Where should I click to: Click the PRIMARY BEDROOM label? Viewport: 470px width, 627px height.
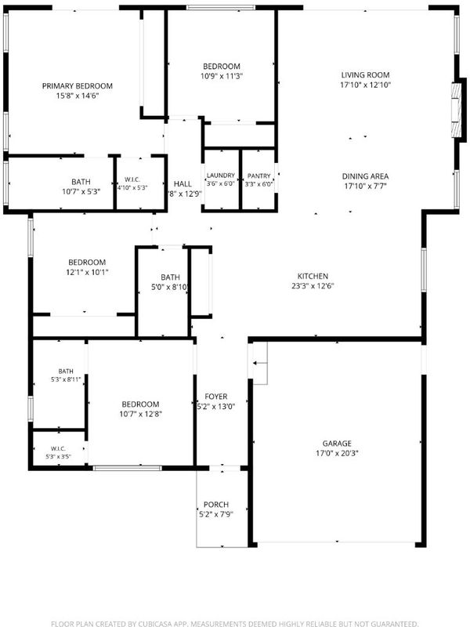click(x=77, y=86)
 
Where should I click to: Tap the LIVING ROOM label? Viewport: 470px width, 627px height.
click(x=365, y=74)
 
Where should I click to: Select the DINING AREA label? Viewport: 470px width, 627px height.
click(x=365, y=176)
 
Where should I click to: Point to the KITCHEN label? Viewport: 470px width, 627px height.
click(x=313, y=277)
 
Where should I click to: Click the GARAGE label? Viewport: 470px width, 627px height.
click(x=337, y=444)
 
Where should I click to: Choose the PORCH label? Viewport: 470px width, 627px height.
click(x=216, y=505)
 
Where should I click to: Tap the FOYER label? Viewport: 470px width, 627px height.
click(x=216, y=397)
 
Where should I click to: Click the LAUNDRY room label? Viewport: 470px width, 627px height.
click(x=221, y=176)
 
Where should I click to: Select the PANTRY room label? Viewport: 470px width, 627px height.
click(x=259, y=176)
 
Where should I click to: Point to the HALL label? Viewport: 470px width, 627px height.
click(x=183, y=184)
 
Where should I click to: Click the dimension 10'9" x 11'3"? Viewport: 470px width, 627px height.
click(x=222, y=76)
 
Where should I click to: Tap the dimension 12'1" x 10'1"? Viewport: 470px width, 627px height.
click(x=87, y=272)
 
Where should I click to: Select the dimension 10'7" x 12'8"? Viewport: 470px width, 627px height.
click(x=140, y=414)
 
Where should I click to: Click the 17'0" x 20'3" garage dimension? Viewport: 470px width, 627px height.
click(x=337, y=454)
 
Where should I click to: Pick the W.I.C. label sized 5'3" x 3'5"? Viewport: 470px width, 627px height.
click(x=58, y=448)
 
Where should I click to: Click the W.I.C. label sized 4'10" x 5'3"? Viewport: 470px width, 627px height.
click(x=132, y=179)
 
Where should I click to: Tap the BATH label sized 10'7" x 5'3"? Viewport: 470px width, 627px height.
click(x=81, y=182)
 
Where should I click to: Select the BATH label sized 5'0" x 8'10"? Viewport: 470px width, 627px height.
click(x=170, y=277)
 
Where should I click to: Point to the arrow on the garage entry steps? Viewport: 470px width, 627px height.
click(x=258, y=363)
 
